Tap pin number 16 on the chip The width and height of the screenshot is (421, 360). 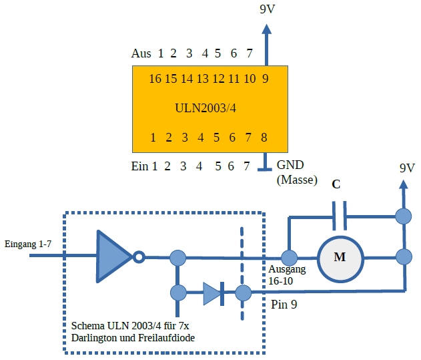click(x=155, y=79)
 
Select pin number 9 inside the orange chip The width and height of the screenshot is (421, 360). click(x=266, y=79)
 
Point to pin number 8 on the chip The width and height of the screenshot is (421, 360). click(x=264, y=138)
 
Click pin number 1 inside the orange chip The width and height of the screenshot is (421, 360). click(x=153, y=138)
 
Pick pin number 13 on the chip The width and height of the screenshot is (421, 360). click(x=202, y=79)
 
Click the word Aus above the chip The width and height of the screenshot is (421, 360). click(x=141, y=53)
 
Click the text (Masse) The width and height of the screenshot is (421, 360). click(x=296, y=180)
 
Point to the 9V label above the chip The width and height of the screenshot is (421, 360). click(x=267, y=9)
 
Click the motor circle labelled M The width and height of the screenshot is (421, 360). click(x=340, y=257)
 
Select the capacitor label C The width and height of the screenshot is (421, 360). click(x=336, y=184)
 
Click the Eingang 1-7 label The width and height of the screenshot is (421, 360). click(x=27, y=244)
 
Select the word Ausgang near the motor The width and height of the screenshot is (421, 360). click(x=287, y=270)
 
